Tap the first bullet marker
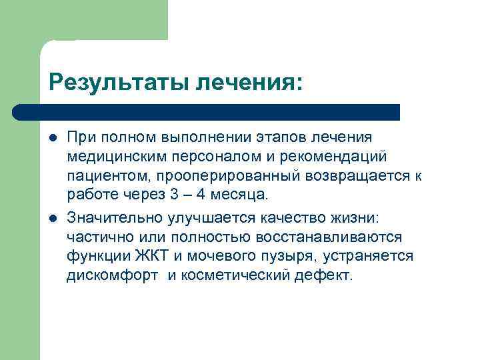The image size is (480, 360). [x=53, y=137]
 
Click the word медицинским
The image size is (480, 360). [x=112, y=157]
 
